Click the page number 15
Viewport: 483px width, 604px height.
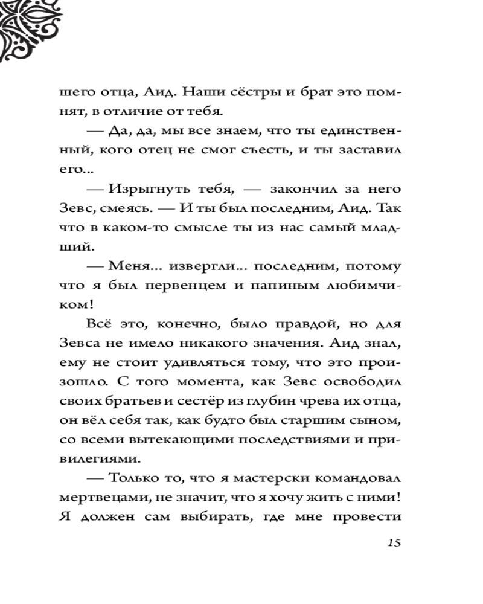[x=392, y=542]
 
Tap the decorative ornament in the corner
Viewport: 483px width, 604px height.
[x=27, y=27]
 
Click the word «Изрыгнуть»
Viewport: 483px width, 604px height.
[x=144, y=190]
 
